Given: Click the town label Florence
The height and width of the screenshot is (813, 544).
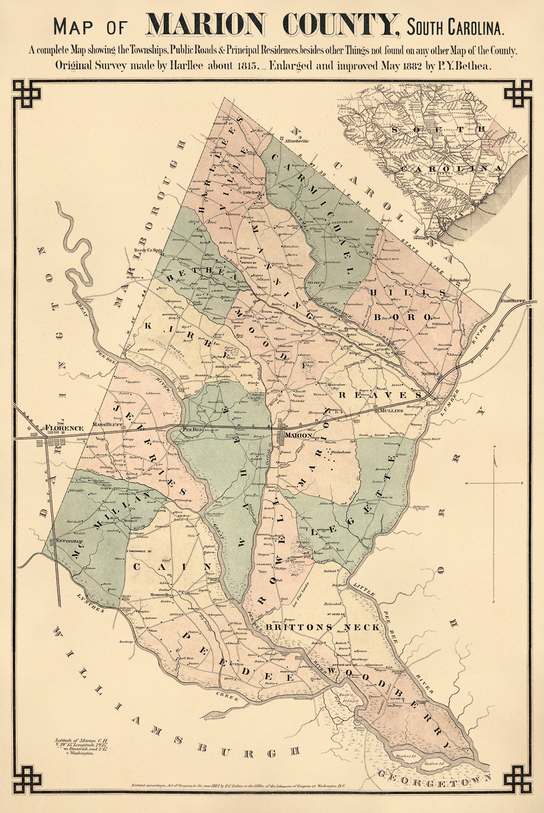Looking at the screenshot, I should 64,428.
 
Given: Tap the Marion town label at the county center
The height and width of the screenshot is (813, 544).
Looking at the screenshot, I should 298,436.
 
